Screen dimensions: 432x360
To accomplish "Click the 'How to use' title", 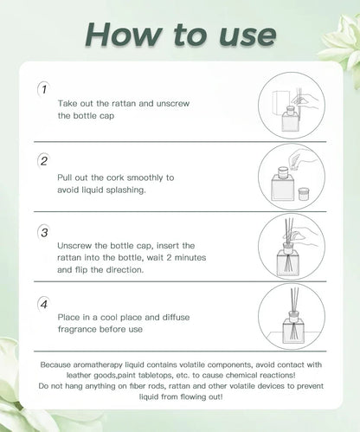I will point(179,34).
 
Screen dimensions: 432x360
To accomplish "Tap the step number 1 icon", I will point(43,89).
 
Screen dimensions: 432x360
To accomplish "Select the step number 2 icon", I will point(43,161).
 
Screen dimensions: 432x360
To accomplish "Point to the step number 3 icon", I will point(43,234).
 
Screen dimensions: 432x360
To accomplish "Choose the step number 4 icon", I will point(43,304).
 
